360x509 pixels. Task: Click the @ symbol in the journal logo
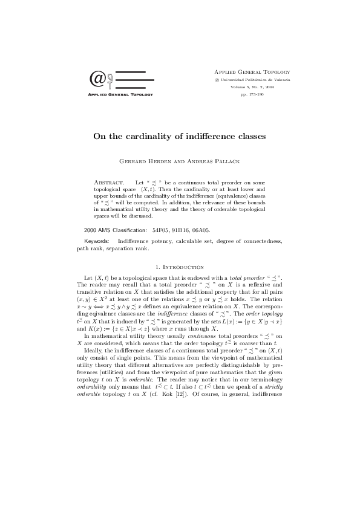pyautogui.click(x=96, y=79)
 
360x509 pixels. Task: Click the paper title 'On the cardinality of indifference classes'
pyautogui.click(x=179, y=136)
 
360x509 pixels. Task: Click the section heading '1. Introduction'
pyautogui.click(x=180, y=267)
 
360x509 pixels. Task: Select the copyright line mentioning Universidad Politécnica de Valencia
pyautogui.click(x=248, y=79)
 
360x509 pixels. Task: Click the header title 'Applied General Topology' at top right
pyautogui.click(x=248, y=71)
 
